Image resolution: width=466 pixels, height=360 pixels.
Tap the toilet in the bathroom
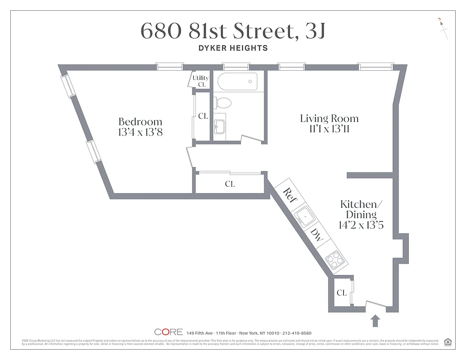point(222,103)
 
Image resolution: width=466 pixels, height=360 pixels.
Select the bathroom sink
point(219,127)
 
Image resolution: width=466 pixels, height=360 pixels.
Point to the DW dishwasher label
point(317,235)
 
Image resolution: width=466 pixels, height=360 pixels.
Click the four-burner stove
point(335,260)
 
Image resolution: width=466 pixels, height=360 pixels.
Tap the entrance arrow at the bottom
point(376,321)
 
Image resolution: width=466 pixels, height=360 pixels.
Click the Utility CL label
point(201,81)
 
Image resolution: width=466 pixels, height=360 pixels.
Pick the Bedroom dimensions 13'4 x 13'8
point(140,132)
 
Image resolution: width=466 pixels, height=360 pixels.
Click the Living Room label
point(329,119)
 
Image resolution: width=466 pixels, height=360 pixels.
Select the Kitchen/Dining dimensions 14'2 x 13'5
point(361,225)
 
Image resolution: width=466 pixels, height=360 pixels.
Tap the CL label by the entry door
point(342,293)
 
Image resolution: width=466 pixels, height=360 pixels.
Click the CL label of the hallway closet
point(230,184)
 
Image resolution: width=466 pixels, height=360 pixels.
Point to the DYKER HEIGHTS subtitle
point(233,48)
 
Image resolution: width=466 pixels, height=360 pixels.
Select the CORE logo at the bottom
point(168,332)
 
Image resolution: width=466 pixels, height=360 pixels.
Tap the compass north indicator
point(443,28)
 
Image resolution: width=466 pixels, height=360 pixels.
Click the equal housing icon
point(448,342)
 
